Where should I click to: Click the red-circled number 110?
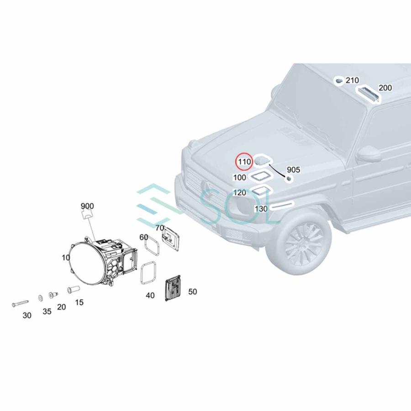(244, 162)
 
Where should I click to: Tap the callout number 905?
(293, 170)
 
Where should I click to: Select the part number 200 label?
(385, 88)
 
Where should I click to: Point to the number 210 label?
(352, 80)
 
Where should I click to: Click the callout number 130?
(261, 209)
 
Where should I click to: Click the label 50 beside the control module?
(192, 291)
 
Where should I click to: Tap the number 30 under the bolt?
(27, 315)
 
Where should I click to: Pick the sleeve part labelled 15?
(73, 290)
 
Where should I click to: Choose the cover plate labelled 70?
(171, 238)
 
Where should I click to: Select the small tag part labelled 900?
(87, 216)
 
